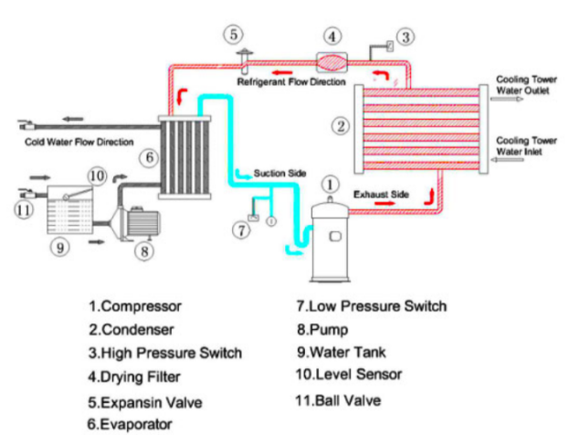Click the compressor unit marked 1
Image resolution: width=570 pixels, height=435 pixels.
pos(331,242)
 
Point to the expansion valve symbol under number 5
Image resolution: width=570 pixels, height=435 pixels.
pos(245,61)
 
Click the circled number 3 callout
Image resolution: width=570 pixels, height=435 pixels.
pos(405,37)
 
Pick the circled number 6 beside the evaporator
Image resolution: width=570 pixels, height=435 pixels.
pos(147,157)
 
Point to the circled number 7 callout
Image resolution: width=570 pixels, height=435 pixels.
pos(241,230)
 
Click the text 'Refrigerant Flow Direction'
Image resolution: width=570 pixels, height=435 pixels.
pos(290,82)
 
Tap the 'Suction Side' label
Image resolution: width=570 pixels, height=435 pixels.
pos(281,172)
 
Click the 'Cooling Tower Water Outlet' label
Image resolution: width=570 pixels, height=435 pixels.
pos(526,84)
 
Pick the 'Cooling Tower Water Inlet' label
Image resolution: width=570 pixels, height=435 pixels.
pos(526,144)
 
